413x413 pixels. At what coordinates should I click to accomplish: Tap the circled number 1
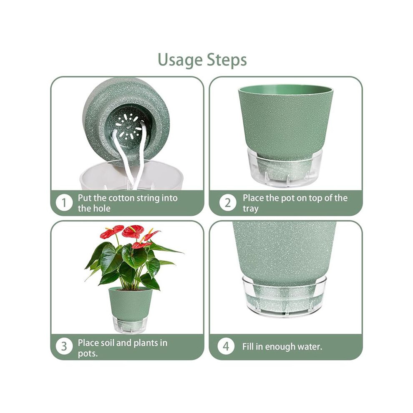pos(64,203)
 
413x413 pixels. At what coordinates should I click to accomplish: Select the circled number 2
pos(228,203)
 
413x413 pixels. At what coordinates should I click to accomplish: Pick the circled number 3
pos(64,346)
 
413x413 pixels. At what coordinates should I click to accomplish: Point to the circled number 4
pos(226,346)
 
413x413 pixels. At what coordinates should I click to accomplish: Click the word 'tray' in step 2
pos(250,209)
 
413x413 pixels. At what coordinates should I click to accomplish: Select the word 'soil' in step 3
pos(107,342)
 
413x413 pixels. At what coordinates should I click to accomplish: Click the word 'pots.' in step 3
pos(88,354)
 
